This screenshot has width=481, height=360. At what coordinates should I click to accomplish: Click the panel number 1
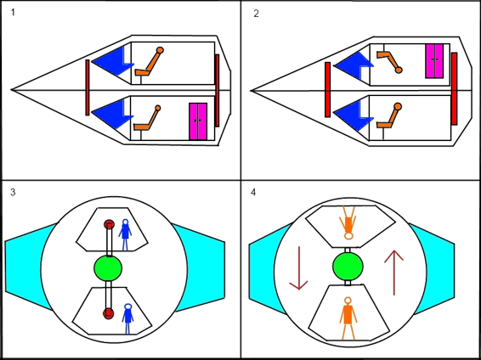pyautogui.click(x=12, y=13)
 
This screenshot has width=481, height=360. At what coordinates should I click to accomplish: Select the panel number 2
pyautogui.click(x=256, y=14)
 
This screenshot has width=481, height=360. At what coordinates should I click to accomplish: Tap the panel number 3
pyautogui.click(x=13, y=193)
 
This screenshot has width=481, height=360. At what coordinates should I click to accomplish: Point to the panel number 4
pyautogui.click(x=253, y=193)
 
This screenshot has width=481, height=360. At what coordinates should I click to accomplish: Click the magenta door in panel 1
pyautogui.click(x=198, y=121)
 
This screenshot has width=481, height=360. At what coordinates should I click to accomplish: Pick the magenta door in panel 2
pyautogui.click(x=434, y=60)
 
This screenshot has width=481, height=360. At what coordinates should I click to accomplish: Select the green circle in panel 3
pyautogui.click(x=108, y=268)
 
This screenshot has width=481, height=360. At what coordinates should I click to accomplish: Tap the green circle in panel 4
pyautogui.click(x=348, y=267)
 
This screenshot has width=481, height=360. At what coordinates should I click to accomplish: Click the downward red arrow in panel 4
pyautogui.click(x=299, y=268)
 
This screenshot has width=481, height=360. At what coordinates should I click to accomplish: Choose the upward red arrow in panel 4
pyautogui.click(x=393, y=273)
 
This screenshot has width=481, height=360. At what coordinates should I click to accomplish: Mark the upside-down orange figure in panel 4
pyautogui.click(x=348, y=222)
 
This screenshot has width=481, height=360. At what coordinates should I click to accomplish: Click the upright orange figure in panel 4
pyautogui.click(x=348, y=318)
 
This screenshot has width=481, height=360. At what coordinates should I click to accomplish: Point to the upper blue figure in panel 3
pyautogui.click(x=125, y=234)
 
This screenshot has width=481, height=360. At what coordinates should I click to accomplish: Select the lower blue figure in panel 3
pyautogui.click(x=127, y=318)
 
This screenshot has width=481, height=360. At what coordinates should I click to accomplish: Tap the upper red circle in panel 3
pyautogui.click(x=109, y=225)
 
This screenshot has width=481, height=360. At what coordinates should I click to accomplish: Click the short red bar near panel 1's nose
pyautogui.click(x=88, y=87)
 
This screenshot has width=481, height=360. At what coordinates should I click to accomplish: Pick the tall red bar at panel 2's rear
pyautogui.click(x=455, y=88)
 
